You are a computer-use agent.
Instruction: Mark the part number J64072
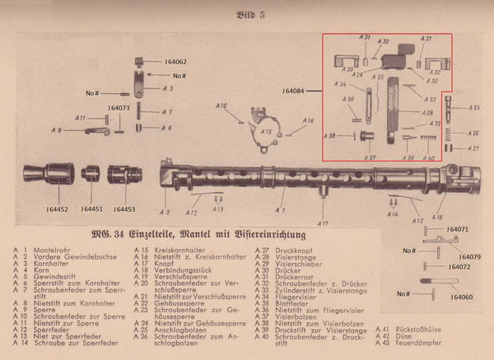click(x=458, y=267)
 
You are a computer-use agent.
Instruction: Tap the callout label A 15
click(x=266, y=132)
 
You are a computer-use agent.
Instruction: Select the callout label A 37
click(x=370, y=157)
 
